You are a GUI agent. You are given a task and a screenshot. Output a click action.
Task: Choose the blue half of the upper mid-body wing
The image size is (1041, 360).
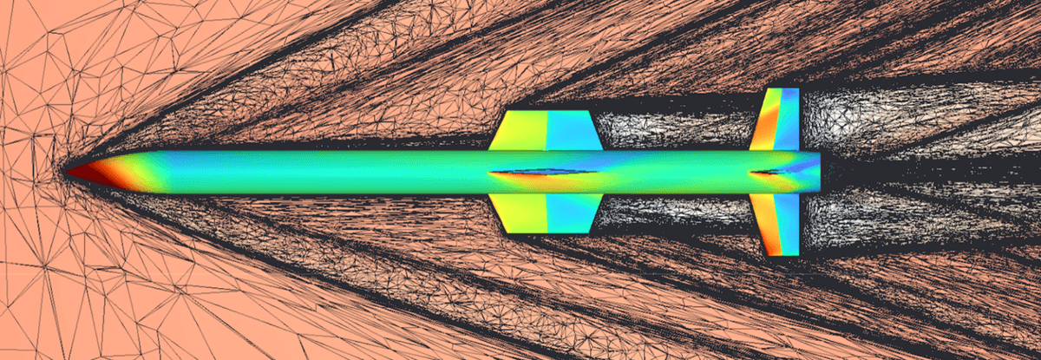571,131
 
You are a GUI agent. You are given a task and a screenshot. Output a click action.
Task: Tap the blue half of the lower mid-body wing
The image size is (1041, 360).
571,213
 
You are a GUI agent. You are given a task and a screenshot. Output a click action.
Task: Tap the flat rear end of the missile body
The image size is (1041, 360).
818,172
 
